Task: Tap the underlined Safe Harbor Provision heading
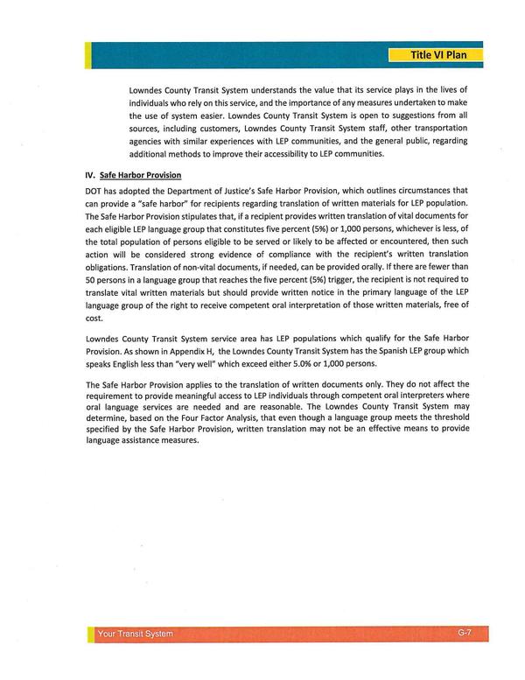click(141, 175)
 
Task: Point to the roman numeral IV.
click(89, 175)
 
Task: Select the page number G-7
click(465, 632)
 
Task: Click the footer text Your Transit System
click(136, 634)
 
